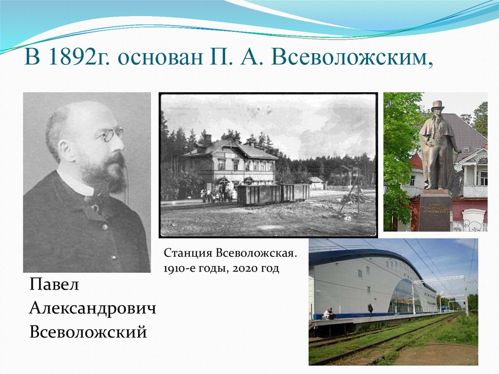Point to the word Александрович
pos(93,308)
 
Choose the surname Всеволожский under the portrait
pos(88,333)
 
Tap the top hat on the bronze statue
pos(438,106)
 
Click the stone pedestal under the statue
pos(435,211)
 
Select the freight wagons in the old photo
pos(273,194)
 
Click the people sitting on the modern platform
pos(329,314)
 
